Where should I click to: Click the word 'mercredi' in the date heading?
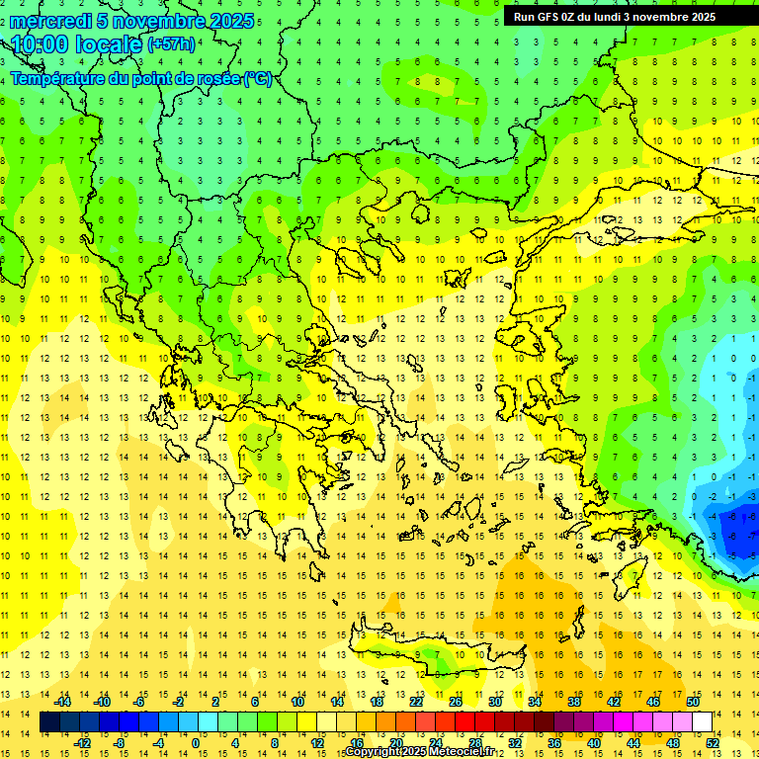point(50,21)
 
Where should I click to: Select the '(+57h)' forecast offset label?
point(171,44)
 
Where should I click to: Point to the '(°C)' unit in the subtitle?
point(257,79)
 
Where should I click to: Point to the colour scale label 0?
point(196,743)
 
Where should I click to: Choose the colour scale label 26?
point(456,702)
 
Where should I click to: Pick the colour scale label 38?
point(574,702)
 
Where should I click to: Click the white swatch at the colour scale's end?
point(703,722)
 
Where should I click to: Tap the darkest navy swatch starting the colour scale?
point(49,722)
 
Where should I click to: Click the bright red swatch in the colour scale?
point(464,722)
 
